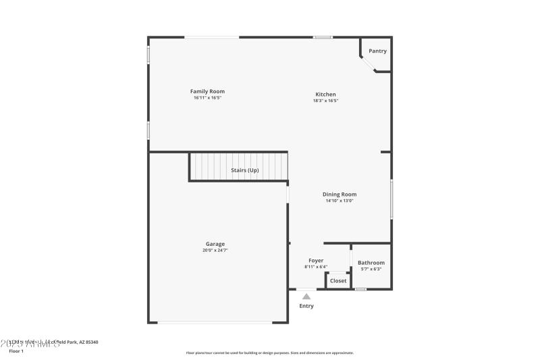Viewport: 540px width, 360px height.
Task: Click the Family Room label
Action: pyautogui.click(x=207, y=91)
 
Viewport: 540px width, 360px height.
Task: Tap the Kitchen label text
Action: pyautogui.click(x=325, y=95)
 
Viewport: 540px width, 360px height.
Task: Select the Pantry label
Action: pyautogui.click(x=377, y=51)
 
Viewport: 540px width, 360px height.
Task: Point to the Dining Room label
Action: pyautogui.click(x=340, y=195)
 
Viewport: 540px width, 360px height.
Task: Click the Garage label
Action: pyautogui.click(x=215, y=245)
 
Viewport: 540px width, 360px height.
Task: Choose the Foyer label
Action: pyautogui.click(x=316, y=261)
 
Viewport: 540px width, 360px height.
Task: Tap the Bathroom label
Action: pyautogui.click(x=371, y=263)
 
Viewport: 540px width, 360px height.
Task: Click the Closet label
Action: pyautogui.click(x=338, y=281)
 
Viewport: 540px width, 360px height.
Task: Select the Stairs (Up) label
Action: pyautogui.click(x=245, y=170)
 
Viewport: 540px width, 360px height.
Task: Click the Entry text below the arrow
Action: pyautogui.click(x=306, y=306)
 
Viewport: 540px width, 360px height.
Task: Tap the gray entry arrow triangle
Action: pyautogui.click(x=306, y=296)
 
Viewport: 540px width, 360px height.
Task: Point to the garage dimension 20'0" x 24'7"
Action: pyautogui.click(x=215, y=251)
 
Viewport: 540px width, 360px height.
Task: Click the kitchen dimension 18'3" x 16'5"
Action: pyautogui.click(x=325, y=101)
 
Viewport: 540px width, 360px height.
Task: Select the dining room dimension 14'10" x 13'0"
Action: pyautogui.click(x=340, y=201)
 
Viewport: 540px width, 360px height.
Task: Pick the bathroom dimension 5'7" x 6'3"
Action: pyautogui.click(x=371, y=269)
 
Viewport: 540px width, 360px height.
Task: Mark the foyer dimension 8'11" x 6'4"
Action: pyautogui.click(x=316, y=267)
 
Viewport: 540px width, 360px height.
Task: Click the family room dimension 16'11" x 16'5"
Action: pyautogui.click(x=207, y=98)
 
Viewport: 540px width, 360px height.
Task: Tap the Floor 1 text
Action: pyautogui.click(x=16, y=351)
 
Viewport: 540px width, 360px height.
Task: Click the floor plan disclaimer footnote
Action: pyautogui.click(x=270, y=353)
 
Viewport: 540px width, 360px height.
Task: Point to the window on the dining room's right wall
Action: pyautogui.click(x=391, y=199)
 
